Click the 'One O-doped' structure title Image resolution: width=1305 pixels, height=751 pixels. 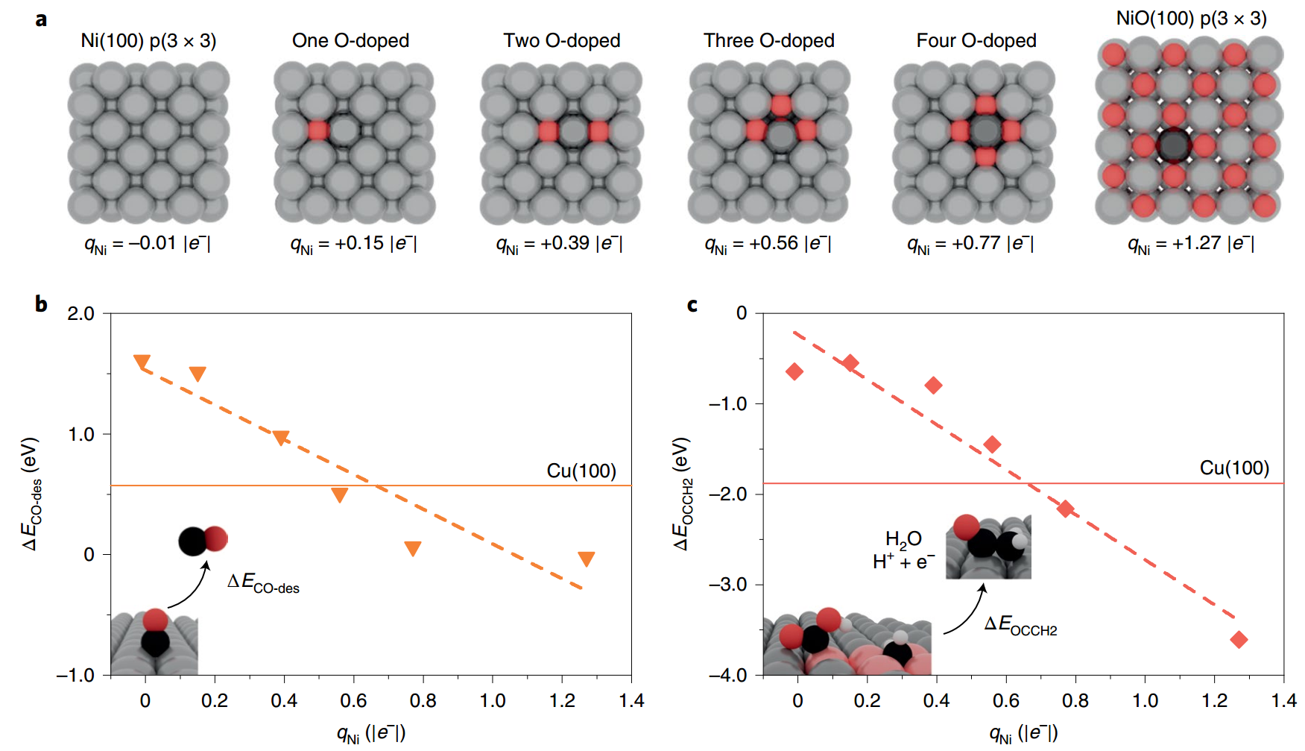[x=350, y=40]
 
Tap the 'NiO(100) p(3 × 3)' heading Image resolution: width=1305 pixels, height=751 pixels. [x=1191, y=18]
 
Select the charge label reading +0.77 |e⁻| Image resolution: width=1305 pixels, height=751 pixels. [x=970, y=244]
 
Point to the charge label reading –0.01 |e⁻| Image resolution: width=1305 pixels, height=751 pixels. [x=147, y=244]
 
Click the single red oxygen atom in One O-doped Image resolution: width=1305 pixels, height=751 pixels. [x=318, y=131]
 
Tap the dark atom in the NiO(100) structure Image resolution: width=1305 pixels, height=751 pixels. [x=1174, y=145]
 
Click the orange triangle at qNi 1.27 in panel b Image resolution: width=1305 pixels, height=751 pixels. [x=587, y=559]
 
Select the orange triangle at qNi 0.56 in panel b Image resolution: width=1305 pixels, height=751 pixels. [x=340, y=494]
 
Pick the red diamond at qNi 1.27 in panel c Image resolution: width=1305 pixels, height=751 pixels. [x=1239, y=639]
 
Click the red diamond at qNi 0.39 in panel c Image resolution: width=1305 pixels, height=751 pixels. [x=933, y=385]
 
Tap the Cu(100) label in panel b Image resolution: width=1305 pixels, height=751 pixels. [x=581, y=471]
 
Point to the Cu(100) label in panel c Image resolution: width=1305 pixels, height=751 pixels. [x=1234, y=468]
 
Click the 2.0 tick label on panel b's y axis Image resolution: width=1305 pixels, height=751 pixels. [x=80, y=313]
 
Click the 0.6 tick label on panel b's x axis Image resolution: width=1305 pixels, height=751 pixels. [x=353, y=700]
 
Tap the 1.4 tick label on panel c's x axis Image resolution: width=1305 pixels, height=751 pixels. [x=1284, y=700]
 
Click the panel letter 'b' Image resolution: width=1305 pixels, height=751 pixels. [x=41, y=304]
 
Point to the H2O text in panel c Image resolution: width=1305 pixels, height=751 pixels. [x=903, y=538]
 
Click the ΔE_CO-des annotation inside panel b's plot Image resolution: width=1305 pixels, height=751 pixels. [x=263, y=582]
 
